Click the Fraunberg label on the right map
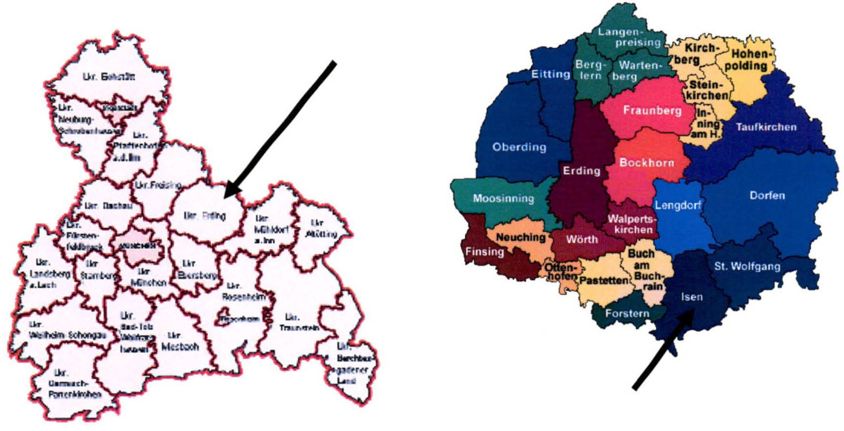652,110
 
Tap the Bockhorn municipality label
647,163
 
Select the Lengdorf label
677,205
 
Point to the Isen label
692,297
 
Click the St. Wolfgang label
747,267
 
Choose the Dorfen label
767,195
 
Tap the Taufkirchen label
766,127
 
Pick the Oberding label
519,147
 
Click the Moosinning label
503,198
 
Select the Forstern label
627,313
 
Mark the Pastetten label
604,280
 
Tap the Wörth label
582,239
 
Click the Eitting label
551,74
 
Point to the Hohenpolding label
745,60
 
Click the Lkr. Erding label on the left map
204,215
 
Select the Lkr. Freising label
158,185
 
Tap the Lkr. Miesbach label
180,342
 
